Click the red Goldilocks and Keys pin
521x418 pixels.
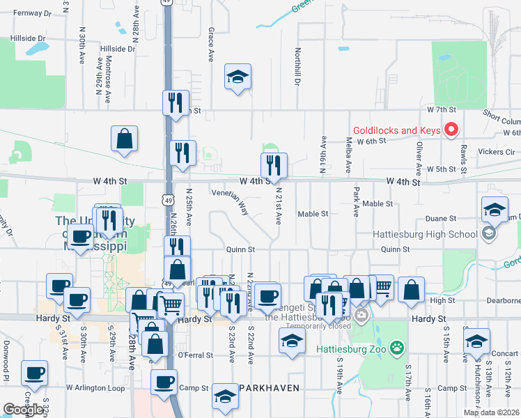point(451,130)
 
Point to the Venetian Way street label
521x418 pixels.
point(239,201)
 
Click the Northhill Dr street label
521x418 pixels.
point(297,67)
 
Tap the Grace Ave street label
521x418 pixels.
point(210,44)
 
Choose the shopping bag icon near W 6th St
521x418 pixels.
point(124,139)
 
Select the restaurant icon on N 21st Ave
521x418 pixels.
point(274,165)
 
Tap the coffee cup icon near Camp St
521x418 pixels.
point(164,381)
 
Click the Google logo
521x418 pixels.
point(23,410)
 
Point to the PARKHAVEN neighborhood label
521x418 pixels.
point(270,387)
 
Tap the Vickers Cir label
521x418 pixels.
point(496,151)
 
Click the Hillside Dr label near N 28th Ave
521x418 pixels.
point(116,49)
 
